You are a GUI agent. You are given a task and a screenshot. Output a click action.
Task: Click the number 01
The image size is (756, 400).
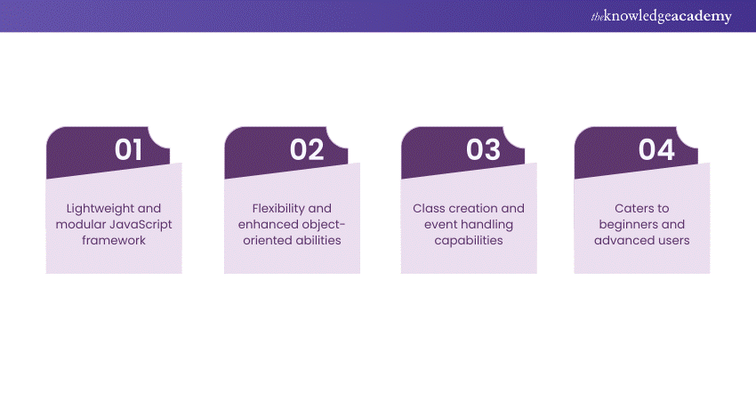(128, 150)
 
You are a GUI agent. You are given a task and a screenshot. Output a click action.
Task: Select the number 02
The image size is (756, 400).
(307, 150)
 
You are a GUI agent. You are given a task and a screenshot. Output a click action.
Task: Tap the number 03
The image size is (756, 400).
(483, 150)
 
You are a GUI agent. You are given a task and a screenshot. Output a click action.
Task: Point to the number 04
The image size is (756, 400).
(656, 150)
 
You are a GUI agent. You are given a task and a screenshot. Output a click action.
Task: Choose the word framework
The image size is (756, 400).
(114, 240)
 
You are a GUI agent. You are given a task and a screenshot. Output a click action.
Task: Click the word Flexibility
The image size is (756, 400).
(275, 208)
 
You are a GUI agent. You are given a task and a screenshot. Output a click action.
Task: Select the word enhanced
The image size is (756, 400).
(265, 224)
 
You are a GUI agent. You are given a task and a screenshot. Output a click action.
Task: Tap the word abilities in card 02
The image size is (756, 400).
(317, 240)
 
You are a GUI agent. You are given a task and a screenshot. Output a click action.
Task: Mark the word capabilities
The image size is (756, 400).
(469, 240)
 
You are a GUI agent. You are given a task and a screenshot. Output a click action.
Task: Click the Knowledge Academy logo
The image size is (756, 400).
(661, 16)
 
